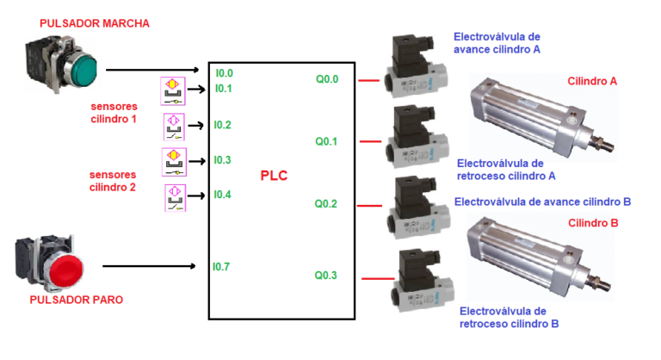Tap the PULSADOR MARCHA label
[x=83, y=24]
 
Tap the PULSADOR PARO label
[x=76, y=301]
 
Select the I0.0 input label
[x=224, y=73]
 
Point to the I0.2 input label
[x=223, y=125]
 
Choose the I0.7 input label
[x=221, y=267]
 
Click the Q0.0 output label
[x=327, y=79]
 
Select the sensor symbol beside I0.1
[x=173, y=90]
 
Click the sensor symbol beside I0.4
[x=176, y=198]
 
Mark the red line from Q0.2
[x=368, y=205]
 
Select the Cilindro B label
[x=594, y=223]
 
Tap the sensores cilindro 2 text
[x=113, y=180]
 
